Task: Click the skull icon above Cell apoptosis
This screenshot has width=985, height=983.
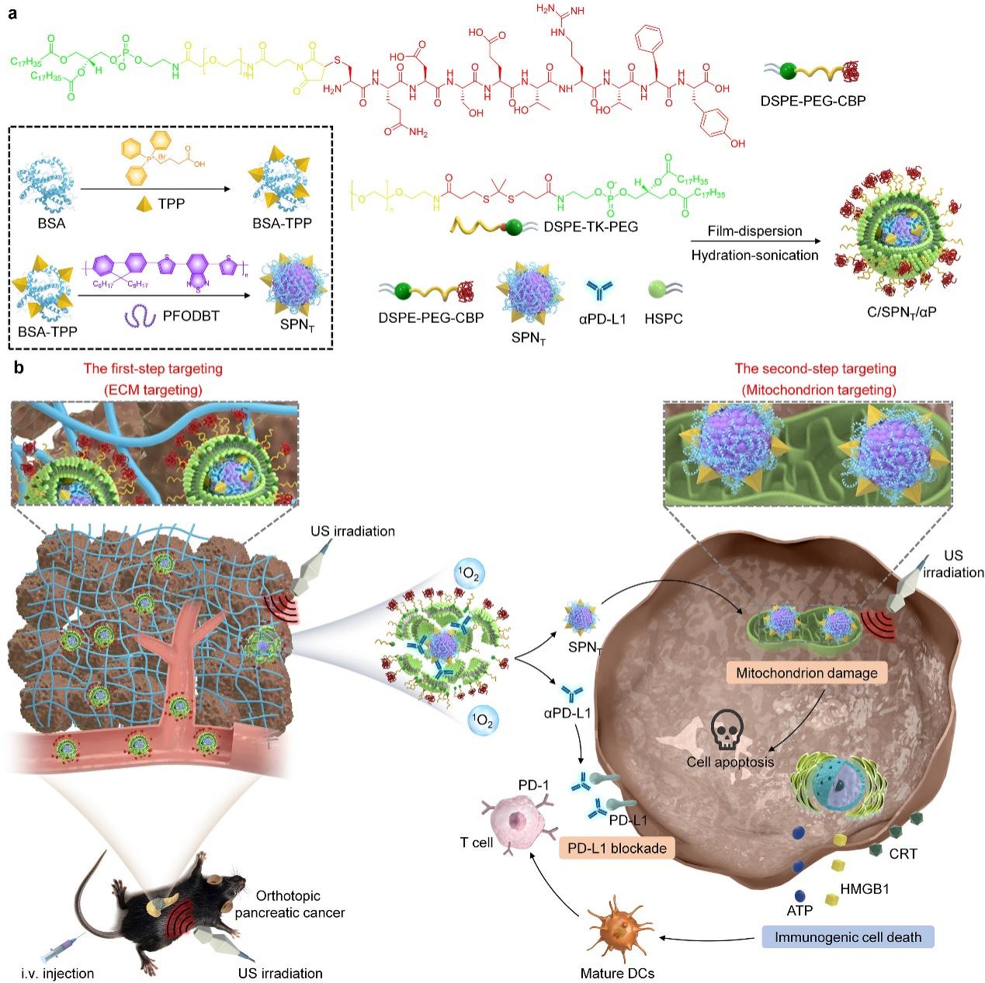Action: coord(728,729)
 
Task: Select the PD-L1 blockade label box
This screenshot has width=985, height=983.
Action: coord(616,848)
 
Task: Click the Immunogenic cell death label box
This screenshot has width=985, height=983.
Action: coord(848,936)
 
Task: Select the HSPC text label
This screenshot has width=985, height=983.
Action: coord(664,318)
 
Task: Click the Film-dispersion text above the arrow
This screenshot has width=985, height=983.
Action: coord(744,231)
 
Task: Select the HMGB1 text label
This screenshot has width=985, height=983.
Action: coord(864,888)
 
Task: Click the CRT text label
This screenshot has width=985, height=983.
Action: coord(903,854)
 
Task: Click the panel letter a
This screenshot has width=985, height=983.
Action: coord(12,14)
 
